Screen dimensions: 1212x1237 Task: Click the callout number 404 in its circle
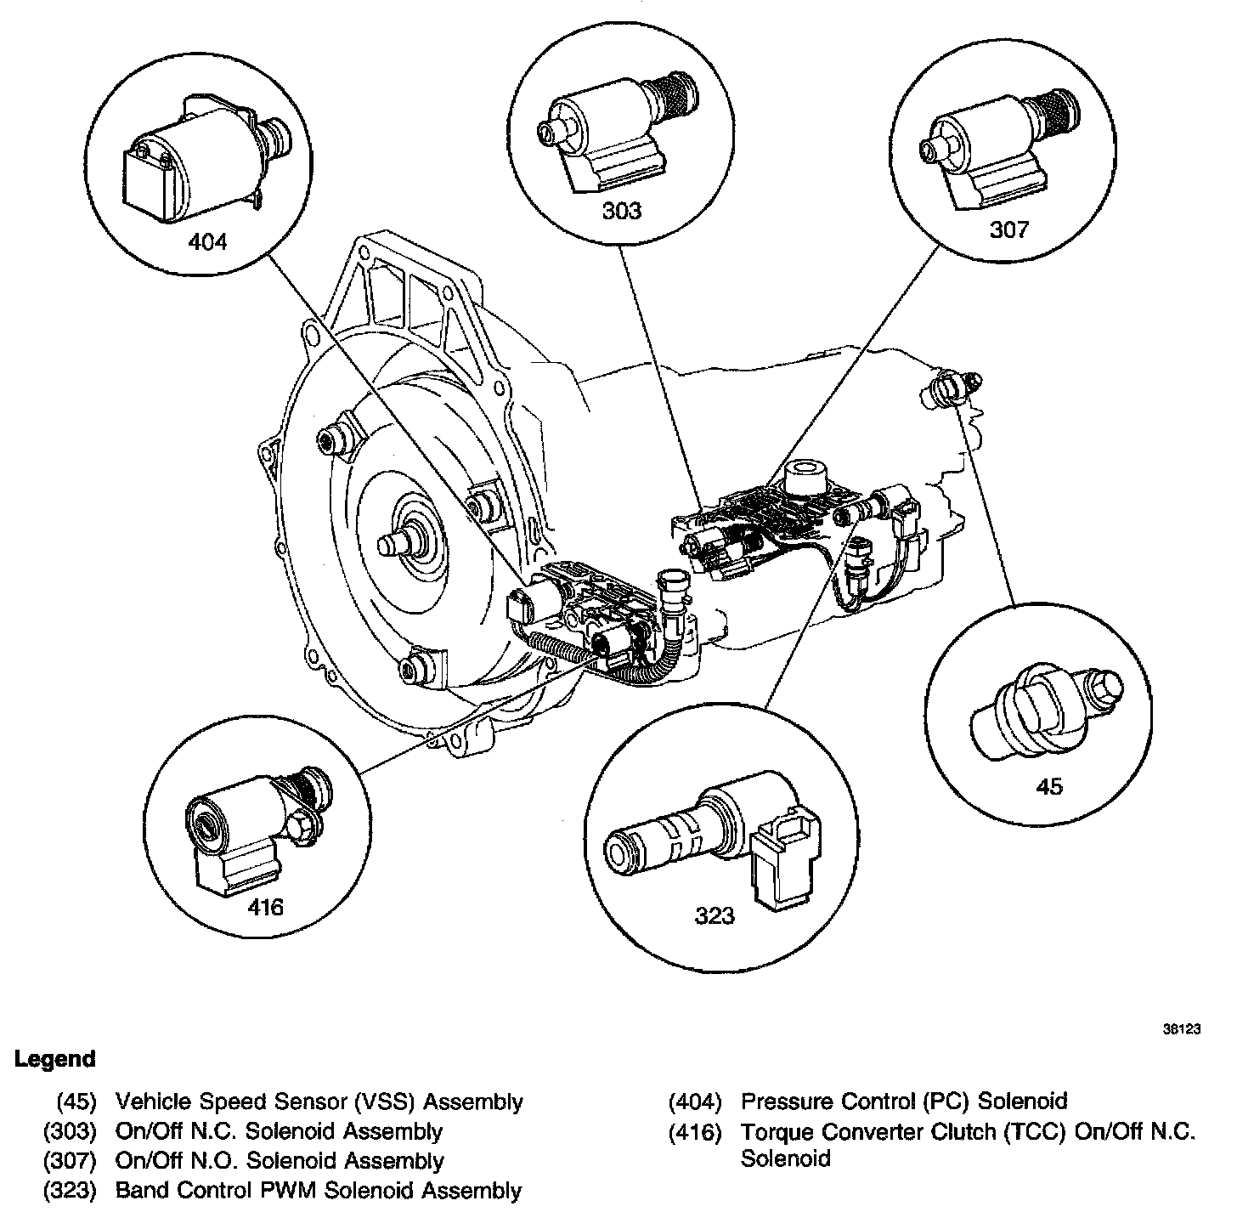[207, 242]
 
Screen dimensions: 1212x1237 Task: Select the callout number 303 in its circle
[622, 210]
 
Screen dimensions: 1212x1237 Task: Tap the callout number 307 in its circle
[1008, 229]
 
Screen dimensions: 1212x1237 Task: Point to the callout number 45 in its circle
[1049, 785]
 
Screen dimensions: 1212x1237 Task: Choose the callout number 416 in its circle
[265, 907]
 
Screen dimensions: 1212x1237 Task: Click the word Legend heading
[55, 1060]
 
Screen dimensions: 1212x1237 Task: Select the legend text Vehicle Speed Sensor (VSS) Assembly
[319, 1102]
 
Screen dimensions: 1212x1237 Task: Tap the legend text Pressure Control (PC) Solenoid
[903, 1102]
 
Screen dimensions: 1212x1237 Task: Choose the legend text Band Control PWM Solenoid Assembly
[318, 1190]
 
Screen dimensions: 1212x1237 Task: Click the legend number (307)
[71, 1161]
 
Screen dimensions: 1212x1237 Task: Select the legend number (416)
[695, 1132]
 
